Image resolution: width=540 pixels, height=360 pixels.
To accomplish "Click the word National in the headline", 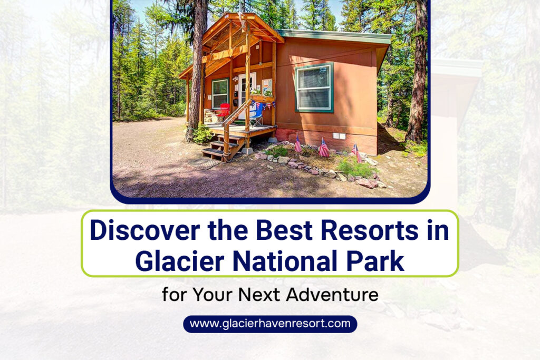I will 284,261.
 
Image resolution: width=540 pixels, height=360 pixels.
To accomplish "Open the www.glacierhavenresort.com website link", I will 270,324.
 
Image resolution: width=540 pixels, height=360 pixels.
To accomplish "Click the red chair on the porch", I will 223,112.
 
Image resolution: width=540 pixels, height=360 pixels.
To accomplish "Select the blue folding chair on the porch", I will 257,115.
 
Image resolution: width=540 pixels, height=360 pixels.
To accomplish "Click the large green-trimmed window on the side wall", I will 314,87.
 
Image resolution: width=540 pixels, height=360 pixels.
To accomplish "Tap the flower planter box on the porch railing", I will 263,98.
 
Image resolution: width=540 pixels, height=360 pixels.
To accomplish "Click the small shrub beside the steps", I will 202,134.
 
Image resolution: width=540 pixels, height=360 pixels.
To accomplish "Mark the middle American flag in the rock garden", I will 323,148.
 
